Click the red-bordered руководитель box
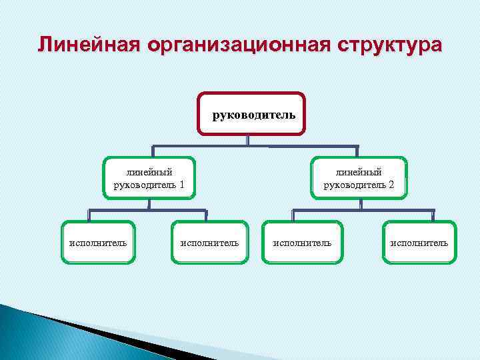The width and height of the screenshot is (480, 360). (x=251, y=114)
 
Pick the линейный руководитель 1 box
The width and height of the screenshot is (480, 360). (x=149, y=178)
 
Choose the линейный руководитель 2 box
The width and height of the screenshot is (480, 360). (x=359, y=178)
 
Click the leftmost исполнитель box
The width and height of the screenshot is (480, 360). (x=98, y=243)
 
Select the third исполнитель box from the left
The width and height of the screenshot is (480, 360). (x=302, y=243)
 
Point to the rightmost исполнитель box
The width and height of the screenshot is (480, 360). (x=419, y=243)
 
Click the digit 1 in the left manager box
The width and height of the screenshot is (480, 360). (x=181, y=185)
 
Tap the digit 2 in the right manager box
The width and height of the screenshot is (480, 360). (x=391, y=185)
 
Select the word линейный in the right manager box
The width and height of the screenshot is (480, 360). (x=359, y=172)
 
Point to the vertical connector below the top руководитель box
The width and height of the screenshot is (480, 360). (x=248, y=140)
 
